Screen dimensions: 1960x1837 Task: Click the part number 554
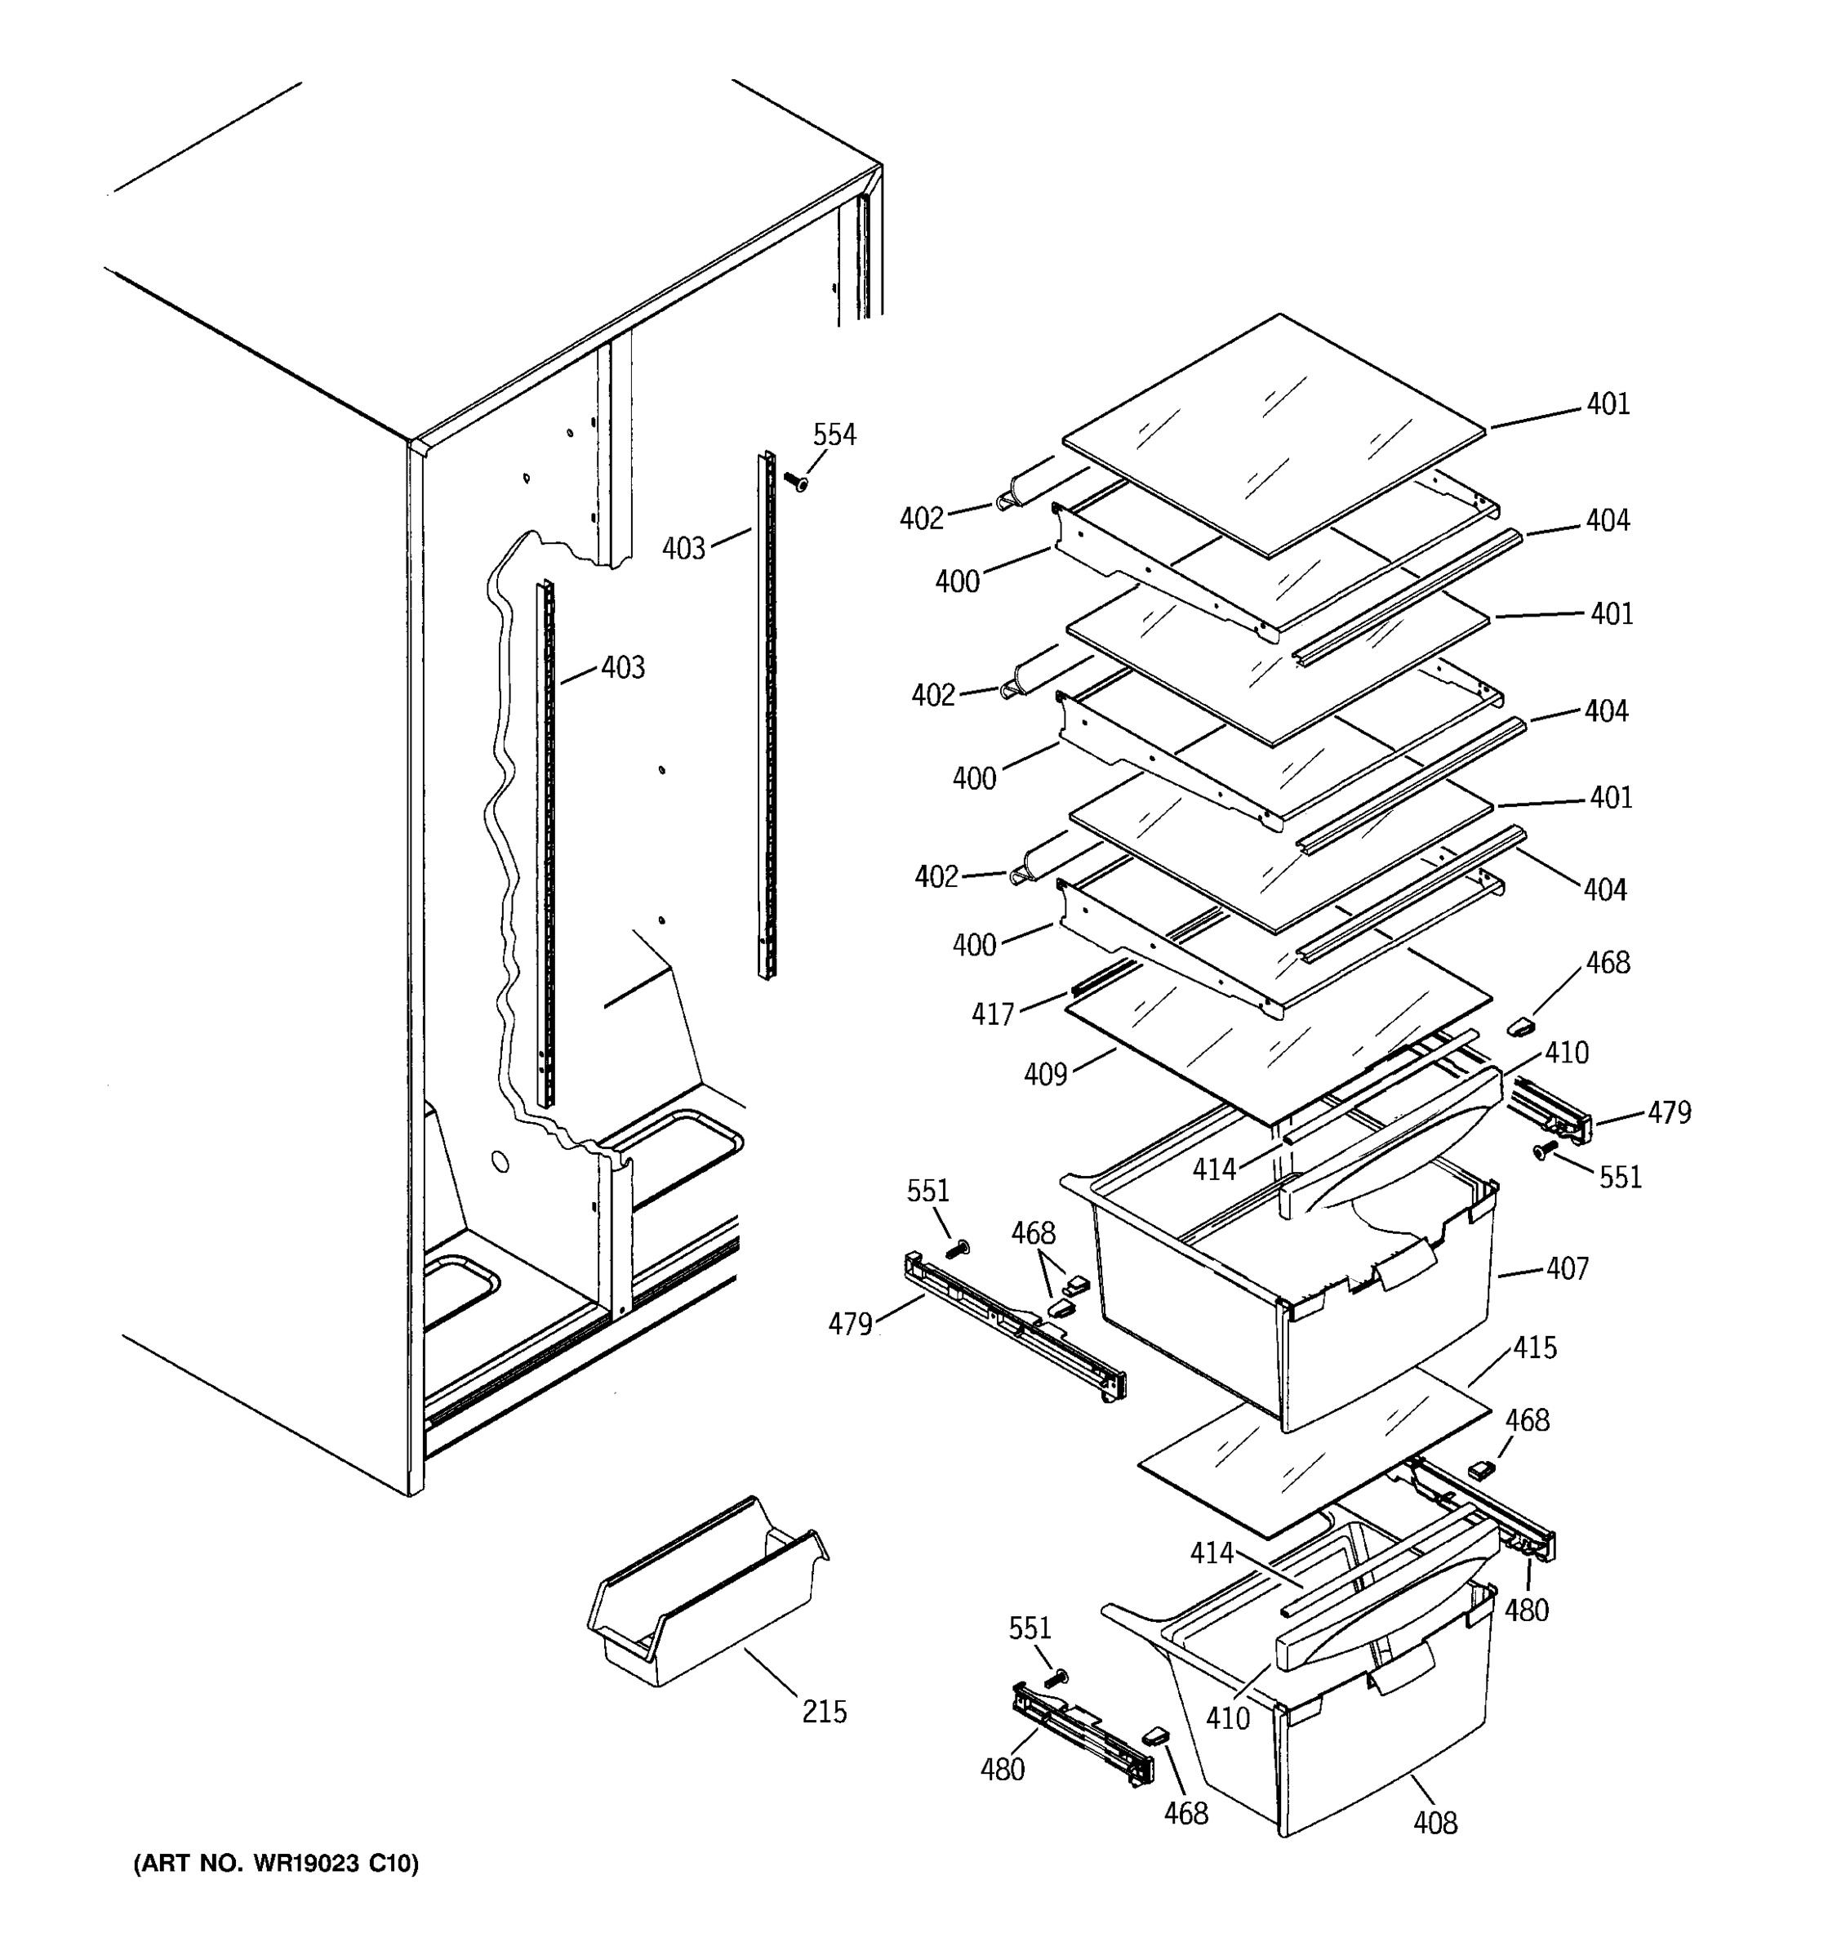pyautogui.click(x=834, y=434)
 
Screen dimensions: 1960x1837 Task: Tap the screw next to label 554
pyautogui.click(x=794, y=482)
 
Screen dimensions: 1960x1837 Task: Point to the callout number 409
pyautogui.click(x=1046, y=1074)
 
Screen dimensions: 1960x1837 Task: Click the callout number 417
pyautogui.click(x=993, y=1014)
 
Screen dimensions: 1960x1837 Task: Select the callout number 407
pyautogui.click(x=1567, y=1268)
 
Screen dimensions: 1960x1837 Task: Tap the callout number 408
pyautogui.click(x=1435, y=1823)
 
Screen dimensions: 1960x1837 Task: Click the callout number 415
pyautogui.click(x=1534, y=1347)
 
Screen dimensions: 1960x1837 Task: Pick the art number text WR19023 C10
pyautogui.click(x=275, y=1864)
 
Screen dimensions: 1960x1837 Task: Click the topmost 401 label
pyautogui.click(x=1608, y=403)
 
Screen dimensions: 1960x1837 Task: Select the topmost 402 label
pyautogui.click(x=922, y=519)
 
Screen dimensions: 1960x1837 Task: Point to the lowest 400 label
pyautogui.click(x=974, y=946)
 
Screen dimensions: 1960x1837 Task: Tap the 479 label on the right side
pyautogui.click(x=1670, y=1112)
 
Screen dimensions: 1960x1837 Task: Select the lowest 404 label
pyautogui.click(x=1604, y=890)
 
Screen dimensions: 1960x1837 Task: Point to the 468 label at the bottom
pyautogui.click(x=1185, y=1813)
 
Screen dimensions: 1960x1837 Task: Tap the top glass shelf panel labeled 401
pyautogui.click(x=1271, y=434)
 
